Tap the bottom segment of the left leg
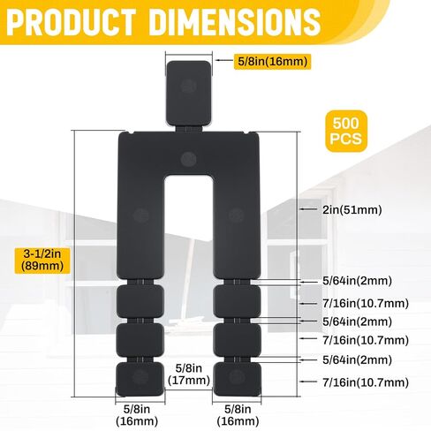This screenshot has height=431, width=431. click(139, 377)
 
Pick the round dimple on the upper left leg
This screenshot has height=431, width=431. click(139, 215)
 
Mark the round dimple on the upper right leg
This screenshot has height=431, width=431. click(235, 215)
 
